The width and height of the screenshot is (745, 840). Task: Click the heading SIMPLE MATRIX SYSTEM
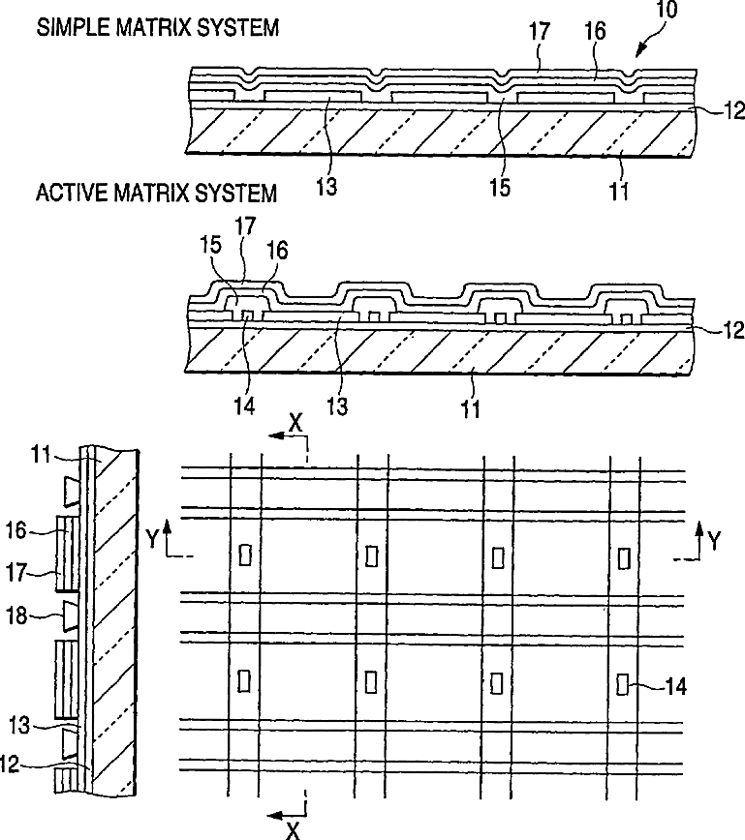tap(158, 27)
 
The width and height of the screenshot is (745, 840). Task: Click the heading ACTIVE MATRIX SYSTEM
tap(156, 193)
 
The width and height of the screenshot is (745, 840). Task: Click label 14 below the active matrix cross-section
tap(244, 405)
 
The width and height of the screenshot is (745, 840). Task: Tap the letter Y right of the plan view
tap(715, 541)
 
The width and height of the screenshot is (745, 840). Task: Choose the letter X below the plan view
tap(293, 827)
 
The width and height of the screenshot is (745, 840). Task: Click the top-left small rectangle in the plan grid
tap(244, 555)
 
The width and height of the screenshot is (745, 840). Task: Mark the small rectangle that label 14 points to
tap(622, 684)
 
